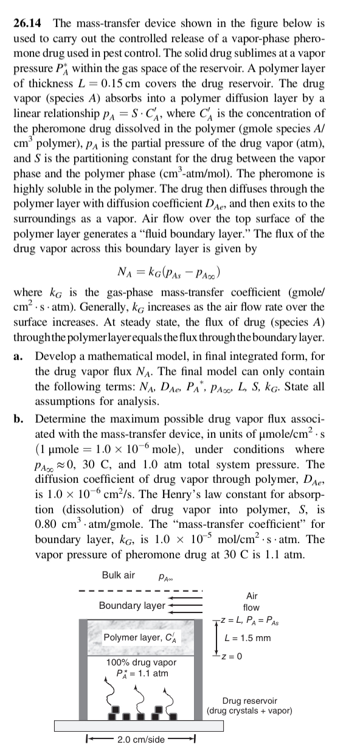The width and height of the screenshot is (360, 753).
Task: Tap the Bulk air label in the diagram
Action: pyautogui.click(x=119, y=574)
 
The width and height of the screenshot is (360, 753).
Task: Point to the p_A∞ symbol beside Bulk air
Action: pyautogui.click(x=165, y=576)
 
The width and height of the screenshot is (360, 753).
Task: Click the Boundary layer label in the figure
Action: pyautogui.click(x=131, y=605)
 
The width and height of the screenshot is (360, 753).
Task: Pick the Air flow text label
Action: pyautogui.click(x=251, y=602)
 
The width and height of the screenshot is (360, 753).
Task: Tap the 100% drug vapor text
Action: pyautogui.click(x=141, y=662)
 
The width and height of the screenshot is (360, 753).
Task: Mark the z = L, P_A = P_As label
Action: pyautogui.click(x=251, y=620)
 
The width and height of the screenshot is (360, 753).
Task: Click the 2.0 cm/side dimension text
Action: pyautogui.click(x=140, y=740)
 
